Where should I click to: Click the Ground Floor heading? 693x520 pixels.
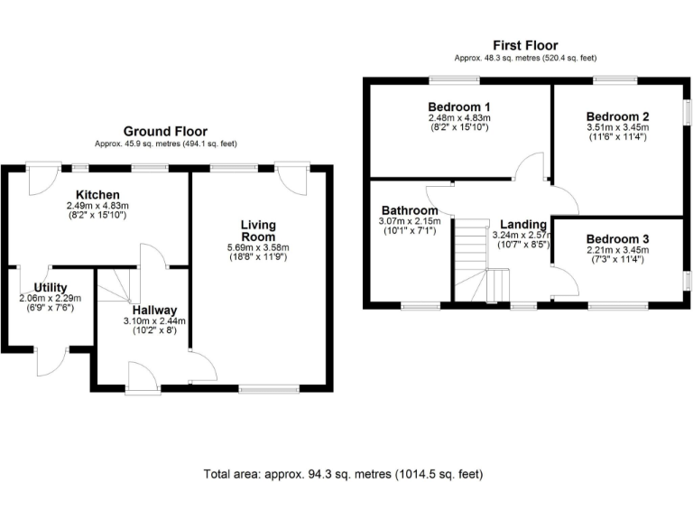pos(165,131)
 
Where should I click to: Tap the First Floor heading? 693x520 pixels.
pos(524,45)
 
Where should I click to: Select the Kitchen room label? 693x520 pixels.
pos(98,195)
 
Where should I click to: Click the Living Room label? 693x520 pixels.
pos(257,230)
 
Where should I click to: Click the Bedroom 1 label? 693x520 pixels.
pos(458,106)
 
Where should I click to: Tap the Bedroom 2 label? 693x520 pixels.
pos(617,116)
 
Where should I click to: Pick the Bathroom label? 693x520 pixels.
pos(409,210)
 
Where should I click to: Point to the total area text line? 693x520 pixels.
pos(344,473)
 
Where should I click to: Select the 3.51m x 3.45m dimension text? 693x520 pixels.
pos(617,128)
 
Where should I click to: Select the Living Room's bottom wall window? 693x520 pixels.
pos(269,389)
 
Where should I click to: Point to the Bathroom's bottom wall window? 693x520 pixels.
pos(420,306)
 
